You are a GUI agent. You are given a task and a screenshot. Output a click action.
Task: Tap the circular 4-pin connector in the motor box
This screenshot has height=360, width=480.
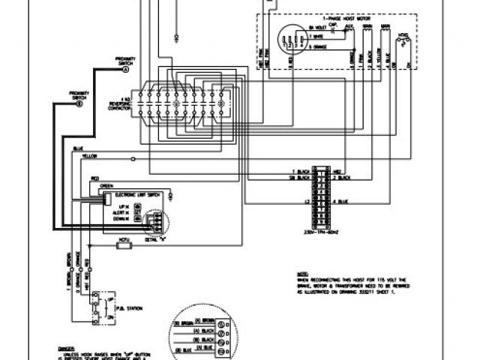(285, 38)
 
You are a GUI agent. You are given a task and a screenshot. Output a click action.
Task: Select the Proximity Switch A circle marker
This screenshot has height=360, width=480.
(125, 69)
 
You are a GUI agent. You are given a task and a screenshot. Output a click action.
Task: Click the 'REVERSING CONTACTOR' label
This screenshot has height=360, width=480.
(123, 105)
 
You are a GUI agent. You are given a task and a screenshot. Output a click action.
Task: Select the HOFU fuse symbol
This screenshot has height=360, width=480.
(126, 241)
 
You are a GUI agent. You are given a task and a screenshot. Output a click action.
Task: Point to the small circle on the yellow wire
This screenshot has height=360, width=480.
(133, 159)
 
